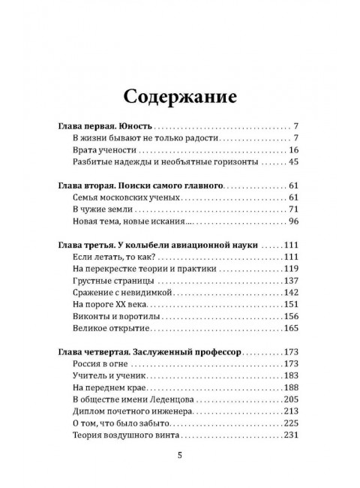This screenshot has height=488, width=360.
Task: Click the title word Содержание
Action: (180, 97)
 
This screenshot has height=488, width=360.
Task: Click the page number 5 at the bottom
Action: (179, 455)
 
